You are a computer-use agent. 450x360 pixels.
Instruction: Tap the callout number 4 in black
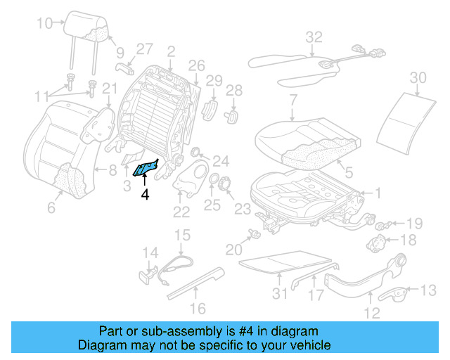pyautogui.click(x=145, y=194)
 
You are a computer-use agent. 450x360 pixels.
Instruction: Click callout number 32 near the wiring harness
pyautogui.click(x=314, y=37)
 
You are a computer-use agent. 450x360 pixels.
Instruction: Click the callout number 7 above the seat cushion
pyautogui.click(x=292, y=101)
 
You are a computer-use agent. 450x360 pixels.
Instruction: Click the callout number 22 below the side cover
pyautogui.click(x=181, y=212)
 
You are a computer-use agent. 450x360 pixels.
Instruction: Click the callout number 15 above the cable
pyautogui.click(x=182, y=236)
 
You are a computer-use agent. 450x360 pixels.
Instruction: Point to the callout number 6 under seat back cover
pyautogui.click(x=51, y=207)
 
